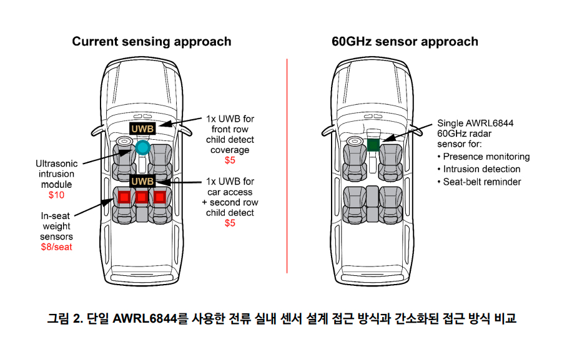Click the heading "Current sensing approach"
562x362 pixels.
(151, 42)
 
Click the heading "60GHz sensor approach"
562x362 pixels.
(405, 42)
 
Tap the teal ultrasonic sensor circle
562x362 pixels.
(143, 148)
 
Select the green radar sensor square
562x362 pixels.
(373, 145)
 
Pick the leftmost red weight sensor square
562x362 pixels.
(124, 197)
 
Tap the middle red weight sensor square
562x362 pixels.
(142, 197)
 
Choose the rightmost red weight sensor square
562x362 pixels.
(160, 197)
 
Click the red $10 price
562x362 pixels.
(56, 195)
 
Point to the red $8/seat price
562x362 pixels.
(56, 247)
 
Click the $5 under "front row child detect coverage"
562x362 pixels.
(230, 160)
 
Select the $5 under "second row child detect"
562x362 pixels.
(230, 223)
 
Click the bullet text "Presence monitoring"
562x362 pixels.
(486, 157)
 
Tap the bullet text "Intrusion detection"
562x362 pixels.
(481, 169)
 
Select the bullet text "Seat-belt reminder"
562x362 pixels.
(482, 182)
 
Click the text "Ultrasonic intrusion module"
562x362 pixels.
(56, 174)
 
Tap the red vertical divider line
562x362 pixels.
(287, 165)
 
